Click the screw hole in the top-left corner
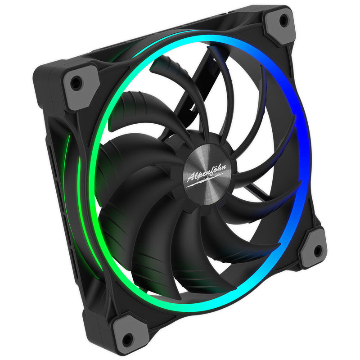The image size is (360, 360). point(77,83)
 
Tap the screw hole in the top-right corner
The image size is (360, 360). point(284,20)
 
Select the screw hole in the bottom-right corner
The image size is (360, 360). point(318,250)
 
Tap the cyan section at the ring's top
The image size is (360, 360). point(180,43)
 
